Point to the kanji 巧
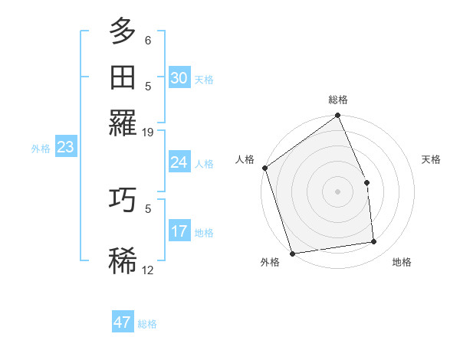click(123, 200)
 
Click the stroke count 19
click(148, 133)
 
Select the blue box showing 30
click(179, 78)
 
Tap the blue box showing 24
click(179, 162)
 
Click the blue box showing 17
click(179, 231)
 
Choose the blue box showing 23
click(65, 148)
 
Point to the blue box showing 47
click(123, 322)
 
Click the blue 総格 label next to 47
click(147, 324)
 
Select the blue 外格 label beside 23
click(41, 149)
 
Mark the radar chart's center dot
click(337, 191)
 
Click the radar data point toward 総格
click(337, 116)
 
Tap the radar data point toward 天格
click(366, 182)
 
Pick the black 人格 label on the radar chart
click(245, 159)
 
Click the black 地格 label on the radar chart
click(402, 263)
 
